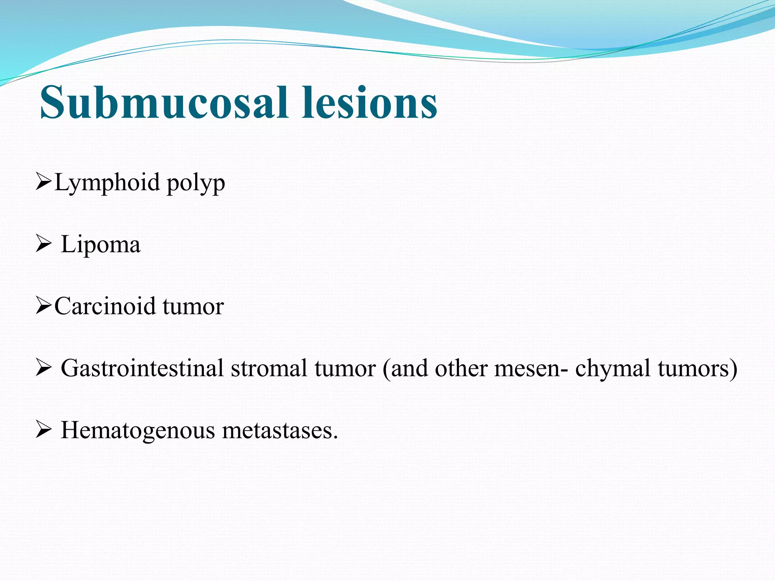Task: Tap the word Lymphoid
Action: [x=107, y=183]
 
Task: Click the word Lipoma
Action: [x=100, y=244]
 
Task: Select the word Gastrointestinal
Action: [x=142, y=368]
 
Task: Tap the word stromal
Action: [x=269, y=368]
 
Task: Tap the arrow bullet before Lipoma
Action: [x=43, y=244]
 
